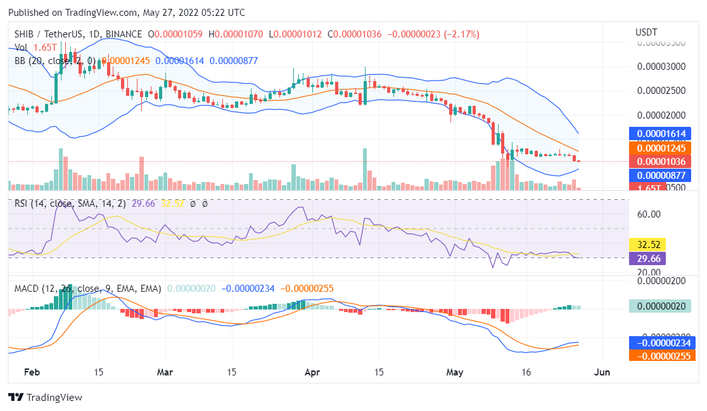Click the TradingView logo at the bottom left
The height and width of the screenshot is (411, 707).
pyautogui.click(x=45, y=398)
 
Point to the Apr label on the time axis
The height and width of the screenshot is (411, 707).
pyautogui.click(x=312, y=372)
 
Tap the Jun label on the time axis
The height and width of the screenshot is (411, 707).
pyautogui.click(x=602, y=372)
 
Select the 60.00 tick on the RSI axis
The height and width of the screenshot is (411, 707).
pyautogui.click(x=649, y=214)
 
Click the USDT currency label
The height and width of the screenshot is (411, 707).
pyautogui.click(x=646, y=32)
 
